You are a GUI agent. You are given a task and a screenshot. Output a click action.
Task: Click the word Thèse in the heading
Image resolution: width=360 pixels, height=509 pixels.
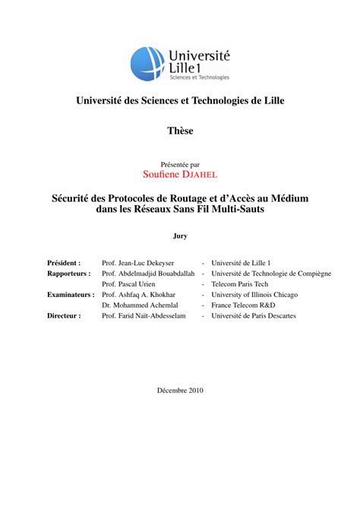tap(180, 131)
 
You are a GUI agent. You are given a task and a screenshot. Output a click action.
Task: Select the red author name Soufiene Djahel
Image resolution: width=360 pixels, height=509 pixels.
tap(180, 174)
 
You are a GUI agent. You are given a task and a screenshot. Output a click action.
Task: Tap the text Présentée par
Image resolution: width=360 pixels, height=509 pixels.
tap(180, 163)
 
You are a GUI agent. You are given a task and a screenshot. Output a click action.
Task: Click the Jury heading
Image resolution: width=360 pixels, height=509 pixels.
tap(180, 236)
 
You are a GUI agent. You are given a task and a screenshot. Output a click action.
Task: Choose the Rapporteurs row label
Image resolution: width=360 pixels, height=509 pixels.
tap(68, 272)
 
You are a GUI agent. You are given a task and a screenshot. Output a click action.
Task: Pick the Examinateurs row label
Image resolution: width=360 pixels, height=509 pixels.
tap(71, 293)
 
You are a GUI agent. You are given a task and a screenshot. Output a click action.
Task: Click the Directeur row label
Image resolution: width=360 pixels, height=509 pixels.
tap(65, 315)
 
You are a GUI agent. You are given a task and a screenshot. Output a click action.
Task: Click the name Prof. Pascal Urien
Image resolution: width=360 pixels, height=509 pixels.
tap(131, 283)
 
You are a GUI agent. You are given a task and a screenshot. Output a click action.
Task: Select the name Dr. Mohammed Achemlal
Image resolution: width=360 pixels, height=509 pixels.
tap(141, 304)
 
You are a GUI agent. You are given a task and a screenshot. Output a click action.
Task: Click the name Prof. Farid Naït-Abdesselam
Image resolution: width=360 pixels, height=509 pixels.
tap(147, 315)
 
